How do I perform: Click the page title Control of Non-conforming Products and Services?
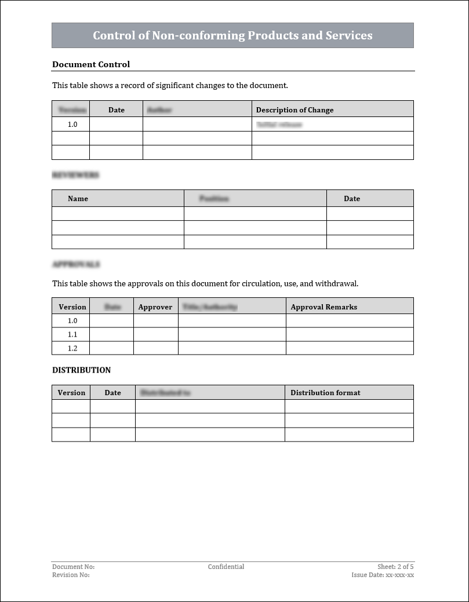[x=232, y=35]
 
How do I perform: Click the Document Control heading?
[x=91, y=64]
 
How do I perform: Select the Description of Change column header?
[x=295, y=110]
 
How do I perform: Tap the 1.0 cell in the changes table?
[x=72, y=124]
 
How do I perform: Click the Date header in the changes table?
[x=117, y=110]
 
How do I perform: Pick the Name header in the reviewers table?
[x=78, y=198]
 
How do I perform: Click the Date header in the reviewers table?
[x=352, y=198]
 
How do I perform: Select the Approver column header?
[x=155, y=307]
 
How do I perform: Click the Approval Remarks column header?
[x=324, y=307]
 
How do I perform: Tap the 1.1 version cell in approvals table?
[x=72, y=334]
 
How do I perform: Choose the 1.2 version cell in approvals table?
[x=72, y=348]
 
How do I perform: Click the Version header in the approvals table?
[x=72, y=307]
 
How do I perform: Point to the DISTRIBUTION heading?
[x=81, y=370]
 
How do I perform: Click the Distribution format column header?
[x=325, y=392]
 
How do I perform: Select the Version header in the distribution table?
[x=71, y=392]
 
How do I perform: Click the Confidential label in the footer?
[x=226, y=567]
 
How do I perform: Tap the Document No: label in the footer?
[x=73, y=567]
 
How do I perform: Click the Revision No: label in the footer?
[x=71, y=575]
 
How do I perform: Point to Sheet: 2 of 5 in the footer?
[x=395, y=567]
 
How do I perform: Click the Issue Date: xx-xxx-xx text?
[x=383, y=575]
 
